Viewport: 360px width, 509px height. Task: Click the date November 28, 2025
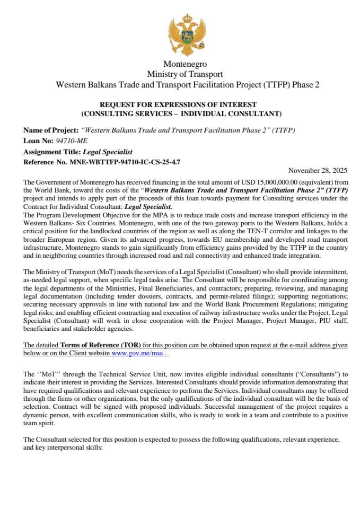point(318,170)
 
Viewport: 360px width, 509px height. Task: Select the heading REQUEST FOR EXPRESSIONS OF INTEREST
point(181,104)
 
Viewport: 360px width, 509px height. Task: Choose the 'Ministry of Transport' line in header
point(185,74)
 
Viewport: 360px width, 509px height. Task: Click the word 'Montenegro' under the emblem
point(181,64)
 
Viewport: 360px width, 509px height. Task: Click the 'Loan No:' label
point(36,141)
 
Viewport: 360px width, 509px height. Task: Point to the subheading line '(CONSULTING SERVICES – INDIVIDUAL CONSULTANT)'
point(181,113)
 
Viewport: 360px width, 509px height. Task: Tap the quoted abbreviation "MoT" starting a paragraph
point(45,374)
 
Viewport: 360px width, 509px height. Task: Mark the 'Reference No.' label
point(45,162)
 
